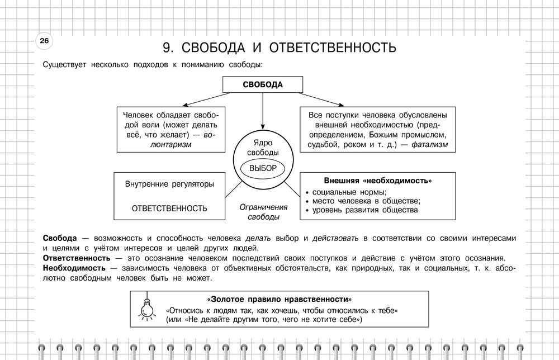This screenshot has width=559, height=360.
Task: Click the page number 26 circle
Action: click(x=44, y=41)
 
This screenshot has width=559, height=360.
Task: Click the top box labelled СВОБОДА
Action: click(x=263, y=85)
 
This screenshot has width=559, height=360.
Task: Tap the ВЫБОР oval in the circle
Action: click(x=263, y=168)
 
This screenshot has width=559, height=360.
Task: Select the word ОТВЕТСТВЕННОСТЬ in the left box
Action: click(x=169, y=209)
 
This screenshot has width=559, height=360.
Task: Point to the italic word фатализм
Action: click(x=430, y=145)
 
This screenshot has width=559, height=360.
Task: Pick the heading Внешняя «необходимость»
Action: click(x=378, y=181)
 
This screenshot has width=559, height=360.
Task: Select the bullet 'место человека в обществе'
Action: click(x=366, y=201)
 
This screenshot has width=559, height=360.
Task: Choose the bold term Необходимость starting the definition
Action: click(x=74, y=268)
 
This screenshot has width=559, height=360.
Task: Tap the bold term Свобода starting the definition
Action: click(x=60, y=238)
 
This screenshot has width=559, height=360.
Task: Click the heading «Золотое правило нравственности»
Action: click(x=282, y=299)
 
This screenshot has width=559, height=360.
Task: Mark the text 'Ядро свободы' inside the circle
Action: click(x=263, y=148)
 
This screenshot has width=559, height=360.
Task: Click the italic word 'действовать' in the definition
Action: click(x=335, y=238)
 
